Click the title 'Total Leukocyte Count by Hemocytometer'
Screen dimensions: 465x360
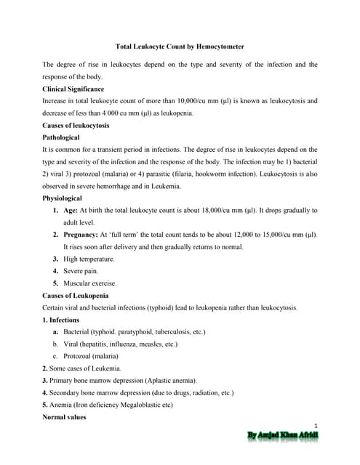coord(180,46)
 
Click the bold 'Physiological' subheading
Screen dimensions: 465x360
coord(63,198)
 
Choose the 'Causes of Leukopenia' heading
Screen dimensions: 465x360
coord(75,295)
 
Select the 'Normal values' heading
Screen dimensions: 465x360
coord(64,417)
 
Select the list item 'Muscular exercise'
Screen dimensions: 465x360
coord(90,283)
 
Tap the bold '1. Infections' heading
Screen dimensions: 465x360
coord(63,319)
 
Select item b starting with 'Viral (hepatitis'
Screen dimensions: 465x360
coord(120,344)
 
